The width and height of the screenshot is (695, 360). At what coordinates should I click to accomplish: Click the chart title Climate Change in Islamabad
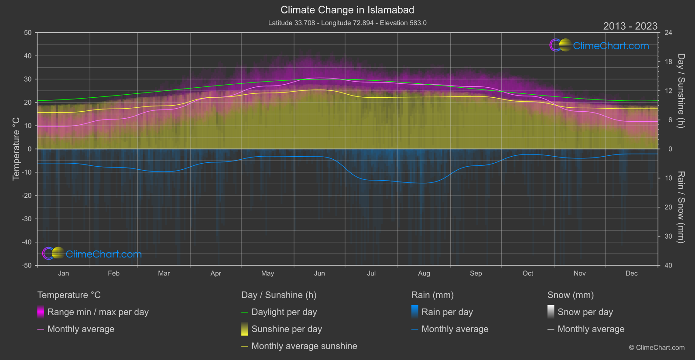pyautogui.click(x=347, y=10)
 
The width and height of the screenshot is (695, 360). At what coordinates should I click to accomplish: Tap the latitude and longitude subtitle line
pyautogui.click(x=347, y=23)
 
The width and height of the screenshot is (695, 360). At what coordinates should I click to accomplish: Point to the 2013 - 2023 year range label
pyautogui.click(x=630, y=26)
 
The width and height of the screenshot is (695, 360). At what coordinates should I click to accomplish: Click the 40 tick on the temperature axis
pyautogui.click(x=28, y=56)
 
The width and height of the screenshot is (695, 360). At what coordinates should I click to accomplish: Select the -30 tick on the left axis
pyautogui.click(x=27, y=219)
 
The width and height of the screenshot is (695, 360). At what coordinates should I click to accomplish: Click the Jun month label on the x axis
pyautogui.click(x=319, y=273)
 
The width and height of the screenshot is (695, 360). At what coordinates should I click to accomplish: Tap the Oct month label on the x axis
pyautogui.click(x=527, y=273)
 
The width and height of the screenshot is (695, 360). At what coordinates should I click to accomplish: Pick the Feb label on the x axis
pyautogui.click(x=113, y=273)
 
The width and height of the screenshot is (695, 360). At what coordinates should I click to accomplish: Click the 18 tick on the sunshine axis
pyautogui.click(x=668, y=62)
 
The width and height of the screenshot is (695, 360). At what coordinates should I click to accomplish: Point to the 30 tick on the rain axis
pyautogui.click(x=668, y=237)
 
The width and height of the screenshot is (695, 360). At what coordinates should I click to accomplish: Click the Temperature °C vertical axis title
pyautogui.click(x=16, y=149)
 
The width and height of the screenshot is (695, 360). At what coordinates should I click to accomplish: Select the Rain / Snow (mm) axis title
pyautogui.click(x=681, y=207)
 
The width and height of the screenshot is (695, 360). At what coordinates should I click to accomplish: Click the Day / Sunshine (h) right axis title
pyautogui.click(x=681, y=91)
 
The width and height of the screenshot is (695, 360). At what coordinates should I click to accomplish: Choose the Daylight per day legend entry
pyautogui.click(x=284, y=312)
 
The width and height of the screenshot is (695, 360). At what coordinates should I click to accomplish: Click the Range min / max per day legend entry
pyautogui.click(x=98, y=312)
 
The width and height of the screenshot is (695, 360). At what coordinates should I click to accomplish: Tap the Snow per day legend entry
pyautogui.click(x=585, y=312)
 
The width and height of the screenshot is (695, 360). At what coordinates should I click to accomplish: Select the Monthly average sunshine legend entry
pyautogui.click(x=304, y=346)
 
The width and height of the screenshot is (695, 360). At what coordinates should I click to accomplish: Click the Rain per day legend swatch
pyautogui.click(x=415, y=312)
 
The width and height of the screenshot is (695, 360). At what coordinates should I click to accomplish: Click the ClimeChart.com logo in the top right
pyautogui.click(x=599, y=45)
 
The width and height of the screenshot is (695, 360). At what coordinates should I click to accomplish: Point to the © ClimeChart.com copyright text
pyautogui.click(x=657, y=348)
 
